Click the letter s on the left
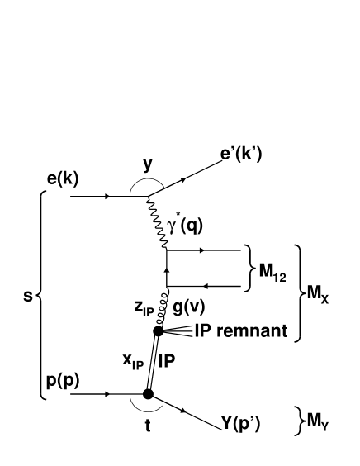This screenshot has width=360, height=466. pos(28,293)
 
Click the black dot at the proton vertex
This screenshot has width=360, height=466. pos(148,394)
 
